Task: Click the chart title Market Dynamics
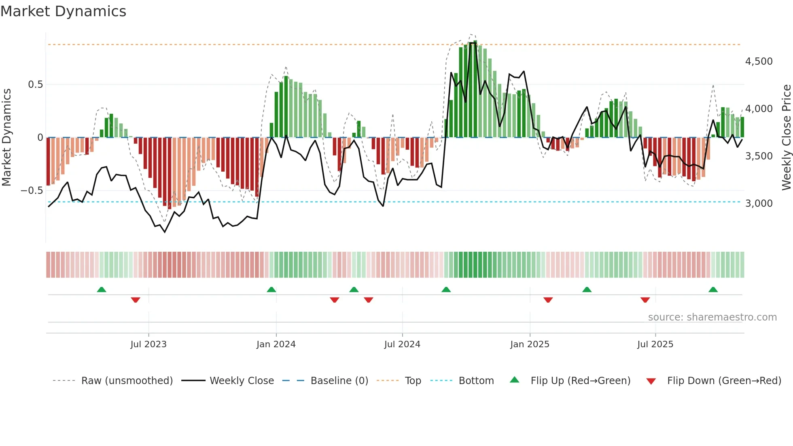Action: click(x=63, y=11)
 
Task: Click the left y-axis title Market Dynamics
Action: click(x=6, y=137)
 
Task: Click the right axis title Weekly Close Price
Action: click(x=786, y=137)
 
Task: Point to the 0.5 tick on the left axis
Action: click(x=35, y=85)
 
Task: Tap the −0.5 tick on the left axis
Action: click(x=32, y=191)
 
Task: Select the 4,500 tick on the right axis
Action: click(x=759, y=62)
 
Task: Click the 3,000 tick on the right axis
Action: click(x=759, y=204)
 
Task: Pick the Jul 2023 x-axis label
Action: click(x=148, y=344)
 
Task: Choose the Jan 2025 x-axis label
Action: click(x=530, y=344)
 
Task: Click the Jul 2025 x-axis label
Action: click(x=655, y=344)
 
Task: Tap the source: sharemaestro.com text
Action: click(x=712, y=317)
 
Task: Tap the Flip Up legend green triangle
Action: click(x=514, y=380)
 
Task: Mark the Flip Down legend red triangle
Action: click(x=651, y=381)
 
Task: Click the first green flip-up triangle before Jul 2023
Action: click(x=102, y=290)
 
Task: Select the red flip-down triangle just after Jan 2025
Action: click(x=548, y=300)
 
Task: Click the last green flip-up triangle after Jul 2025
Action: click(x=713, y=290)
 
